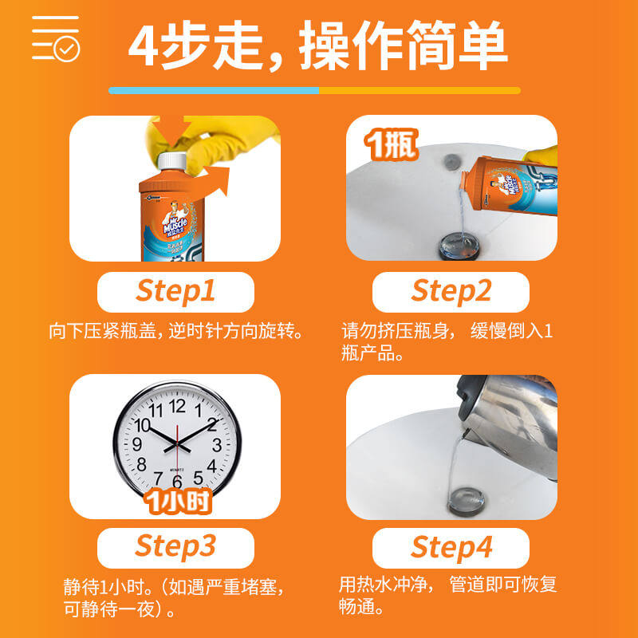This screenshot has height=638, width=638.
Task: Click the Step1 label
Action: point(175,292)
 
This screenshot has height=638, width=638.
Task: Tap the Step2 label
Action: point(451,292)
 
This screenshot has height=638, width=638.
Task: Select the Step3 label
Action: point(175,547)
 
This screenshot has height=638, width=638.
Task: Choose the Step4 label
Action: point(451,547)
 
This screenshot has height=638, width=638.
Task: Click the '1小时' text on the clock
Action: point(177,503)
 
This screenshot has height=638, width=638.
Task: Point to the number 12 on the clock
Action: point(177,406)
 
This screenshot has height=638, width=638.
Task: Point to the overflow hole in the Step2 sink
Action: point(452,159)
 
